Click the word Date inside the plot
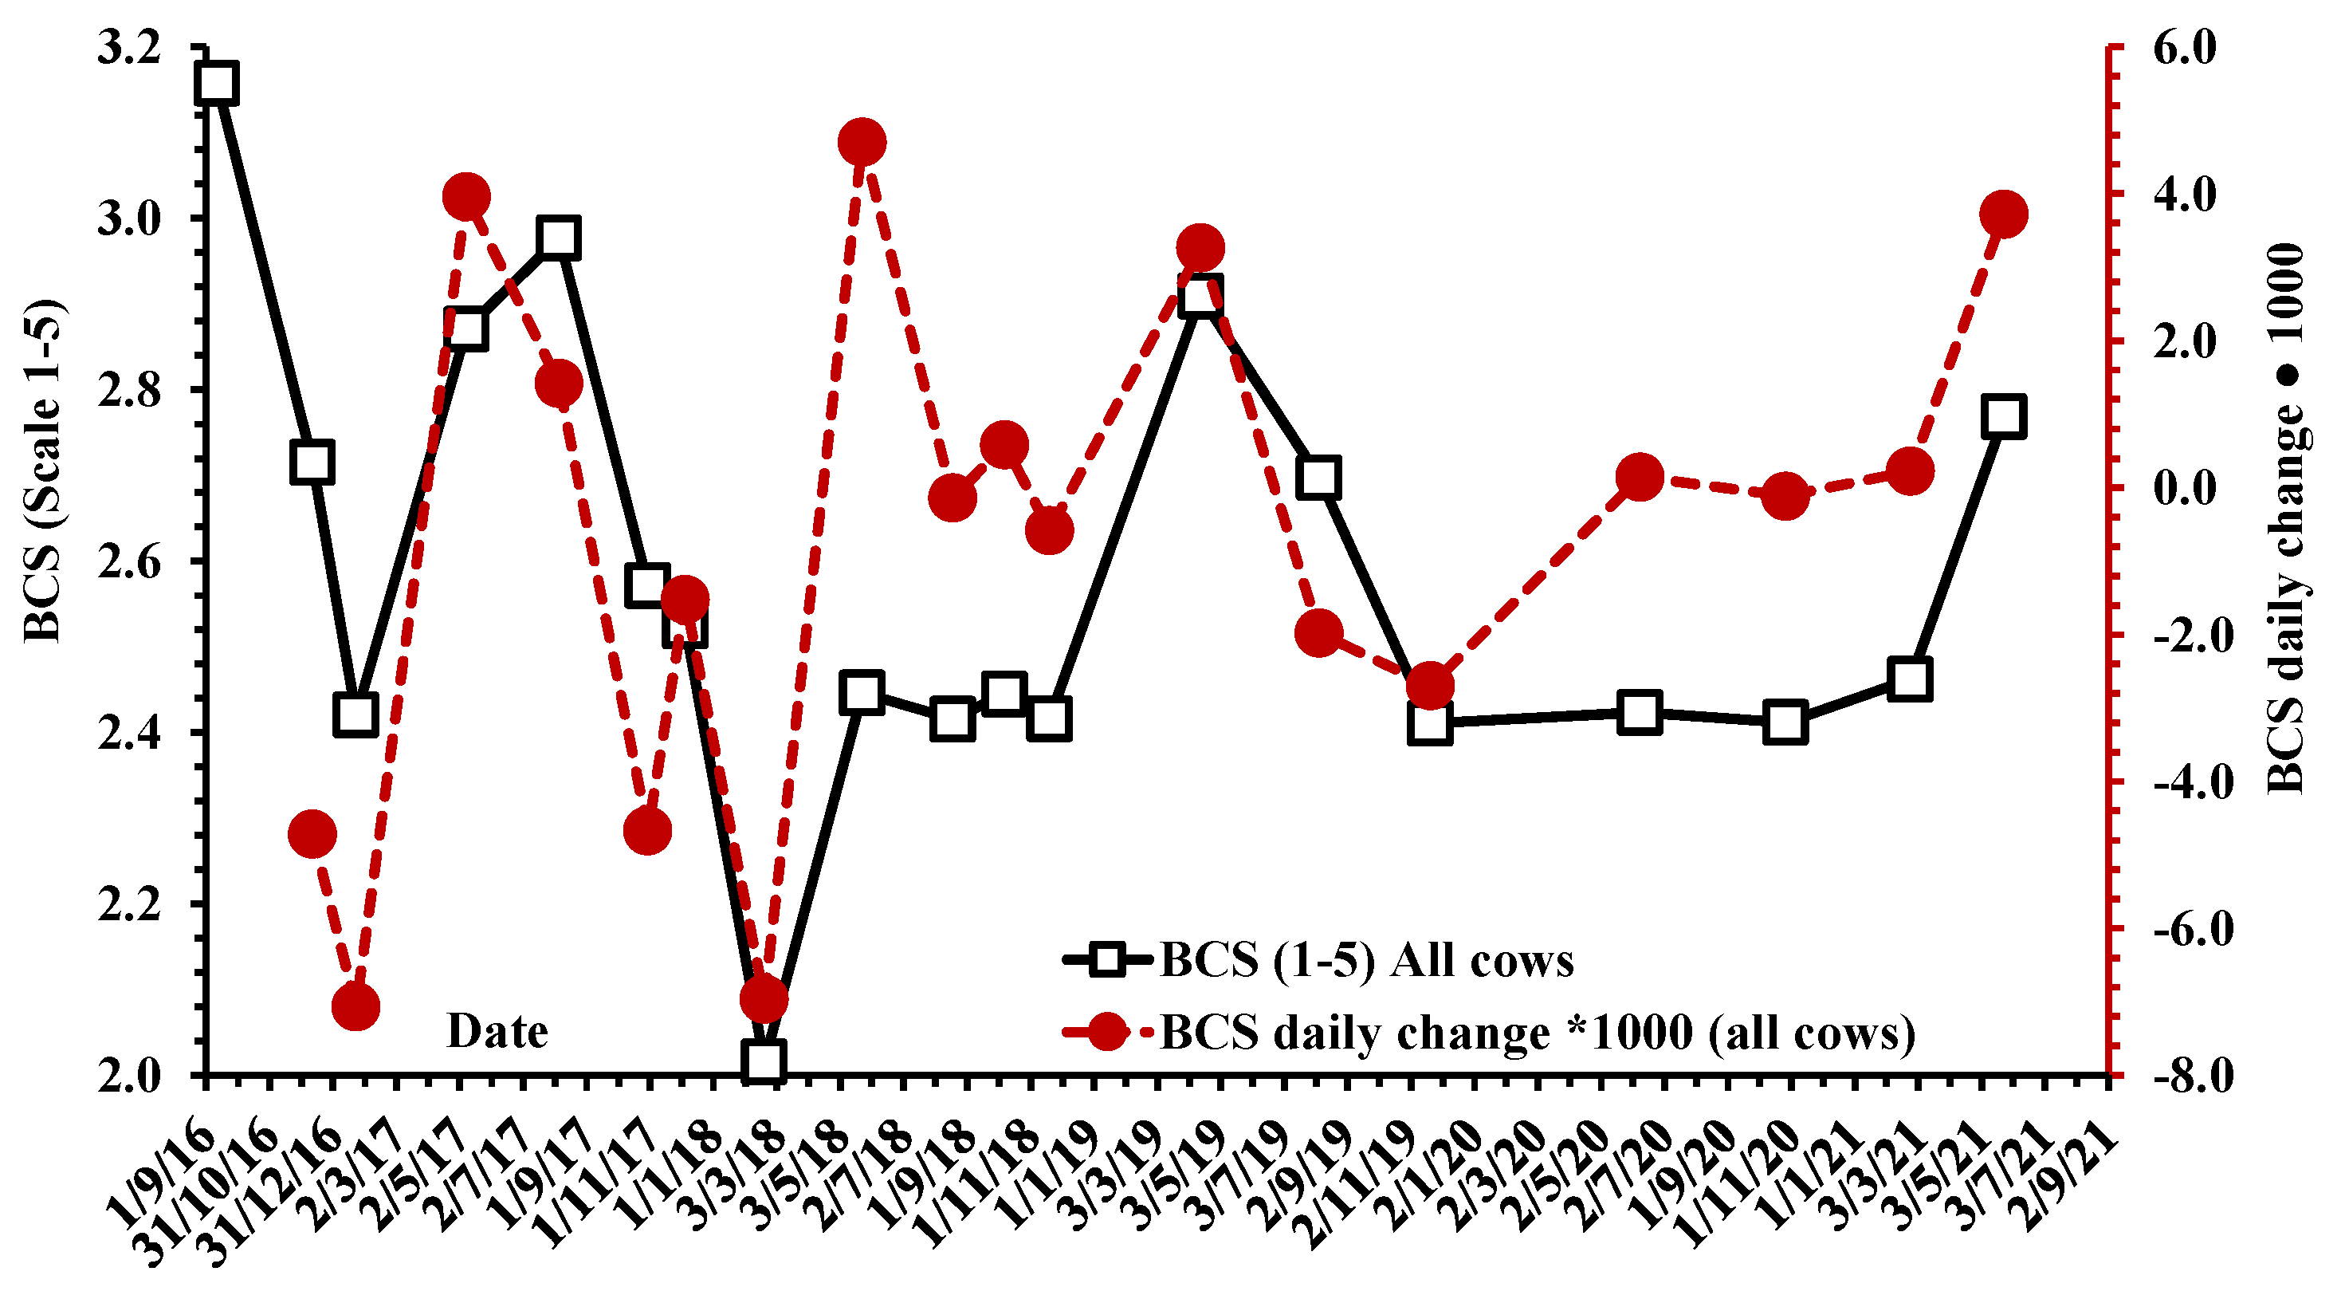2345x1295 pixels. (x=497, y=1031)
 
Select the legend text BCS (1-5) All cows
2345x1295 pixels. (x=1366, y=960)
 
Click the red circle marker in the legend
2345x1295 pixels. (x=1107, y=1033)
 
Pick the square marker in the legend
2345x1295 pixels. (x=1107, y=960)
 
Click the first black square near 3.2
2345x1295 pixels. (x=218, y=83)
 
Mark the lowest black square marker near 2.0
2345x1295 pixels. (x=763, y=1061)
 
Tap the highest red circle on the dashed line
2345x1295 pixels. (x=863, y=142)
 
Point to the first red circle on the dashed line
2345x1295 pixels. (x=312, y=834)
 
